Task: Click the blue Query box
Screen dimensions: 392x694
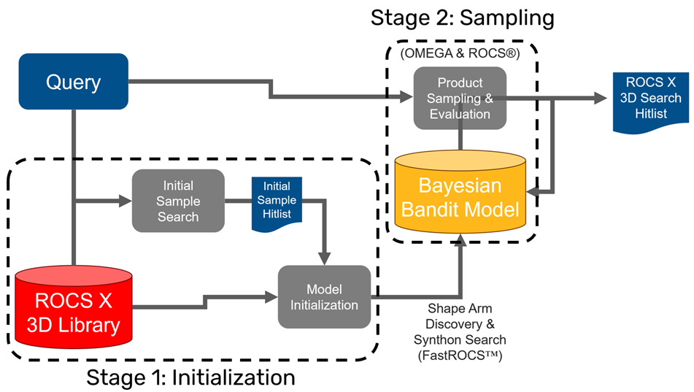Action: (74, 82)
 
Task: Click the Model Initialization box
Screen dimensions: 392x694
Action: (323, 297)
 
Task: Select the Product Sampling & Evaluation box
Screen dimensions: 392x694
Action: (459, 98)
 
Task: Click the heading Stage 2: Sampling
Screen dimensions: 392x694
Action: (462, 17)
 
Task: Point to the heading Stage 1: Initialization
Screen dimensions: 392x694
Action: (190, 377)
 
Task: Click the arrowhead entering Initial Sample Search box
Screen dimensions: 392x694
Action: (124, 198)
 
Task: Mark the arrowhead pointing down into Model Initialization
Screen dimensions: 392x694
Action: (323, 257)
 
